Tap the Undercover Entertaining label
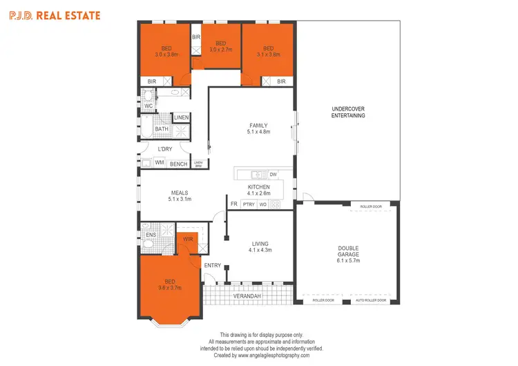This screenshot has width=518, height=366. click(348, 112)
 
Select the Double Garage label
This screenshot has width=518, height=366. click(348, 254)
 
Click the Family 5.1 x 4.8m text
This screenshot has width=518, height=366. click(259, 128)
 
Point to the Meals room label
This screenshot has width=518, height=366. click(179, 196)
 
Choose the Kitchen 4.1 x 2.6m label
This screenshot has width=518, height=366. click(259, 190)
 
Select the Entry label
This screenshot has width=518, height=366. click(213, 265)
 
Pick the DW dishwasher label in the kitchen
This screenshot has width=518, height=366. click(273, 175)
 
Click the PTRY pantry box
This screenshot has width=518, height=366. click(249, 204)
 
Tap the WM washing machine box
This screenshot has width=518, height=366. click(160, 163)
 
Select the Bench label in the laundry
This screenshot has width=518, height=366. click(178, 164)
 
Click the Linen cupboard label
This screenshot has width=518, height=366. click(181, 118)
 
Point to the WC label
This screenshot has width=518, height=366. click(148, 106)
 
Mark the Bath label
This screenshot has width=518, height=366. click(161, 129)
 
